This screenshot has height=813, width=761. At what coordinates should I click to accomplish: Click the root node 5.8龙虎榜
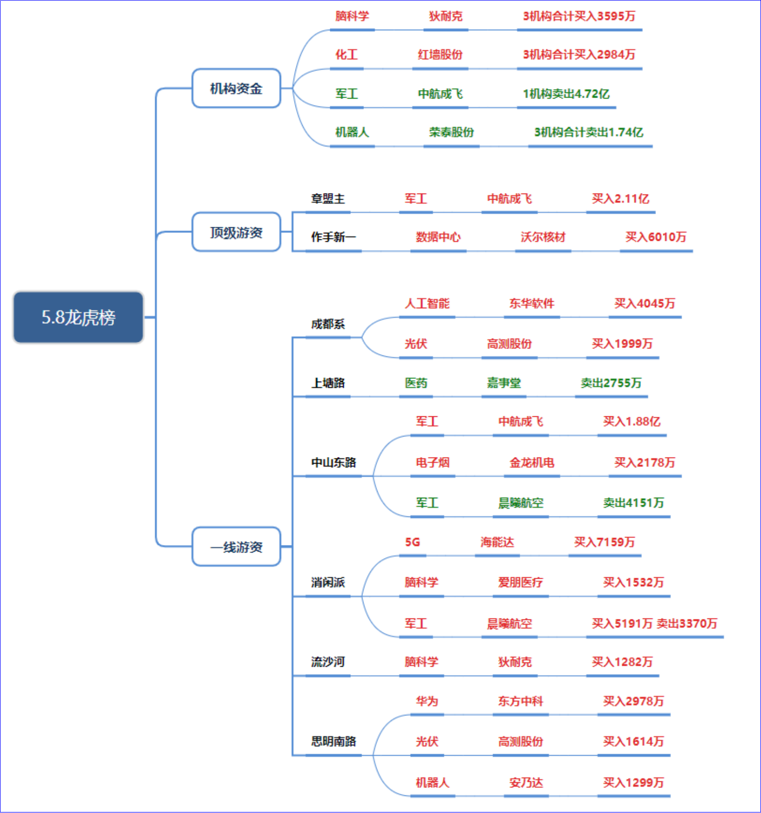coord(78,317)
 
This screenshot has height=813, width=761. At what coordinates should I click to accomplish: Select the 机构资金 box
coord(236,88)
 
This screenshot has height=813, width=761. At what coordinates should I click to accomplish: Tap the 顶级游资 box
coord(236,232)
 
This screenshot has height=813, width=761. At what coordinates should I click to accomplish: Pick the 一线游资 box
coord(236,547)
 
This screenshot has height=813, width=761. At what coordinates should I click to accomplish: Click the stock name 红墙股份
coord(440,54)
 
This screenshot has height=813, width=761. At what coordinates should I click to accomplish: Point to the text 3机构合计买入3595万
coord(579,16)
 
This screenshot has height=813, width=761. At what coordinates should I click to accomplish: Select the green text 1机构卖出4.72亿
coord(566,94)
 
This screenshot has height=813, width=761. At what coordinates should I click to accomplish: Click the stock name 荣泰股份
coord(451,132)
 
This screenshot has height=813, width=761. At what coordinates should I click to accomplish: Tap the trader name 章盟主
coord(328,199)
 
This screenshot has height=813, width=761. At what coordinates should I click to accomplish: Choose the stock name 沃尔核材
coord(543,237)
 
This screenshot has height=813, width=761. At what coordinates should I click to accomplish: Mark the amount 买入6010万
coord(656,237)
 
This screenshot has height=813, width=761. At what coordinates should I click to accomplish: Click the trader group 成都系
coord(328,324)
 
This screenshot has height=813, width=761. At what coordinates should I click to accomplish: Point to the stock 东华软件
coord(532,303)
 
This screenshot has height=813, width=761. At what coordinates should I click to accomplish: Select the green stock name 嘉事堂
coord(504,383)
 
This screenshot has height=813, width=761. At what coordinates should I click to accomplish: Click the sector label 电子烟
coord(433,463)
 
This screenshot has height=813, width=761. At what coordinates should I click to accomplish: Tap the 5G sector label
coord(413,542)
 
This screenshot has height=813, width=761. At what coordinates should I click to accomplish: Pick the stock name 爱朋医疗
coord(521,582)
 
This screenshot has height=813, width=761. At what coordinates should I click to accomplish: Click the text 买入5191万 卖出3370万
coord(654,623)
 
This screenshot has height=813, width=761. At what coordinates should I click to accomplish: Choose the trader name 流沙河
coord(328,662)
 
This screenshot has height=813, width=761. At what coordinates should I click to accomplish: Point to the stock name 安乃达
coord(526,782)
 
